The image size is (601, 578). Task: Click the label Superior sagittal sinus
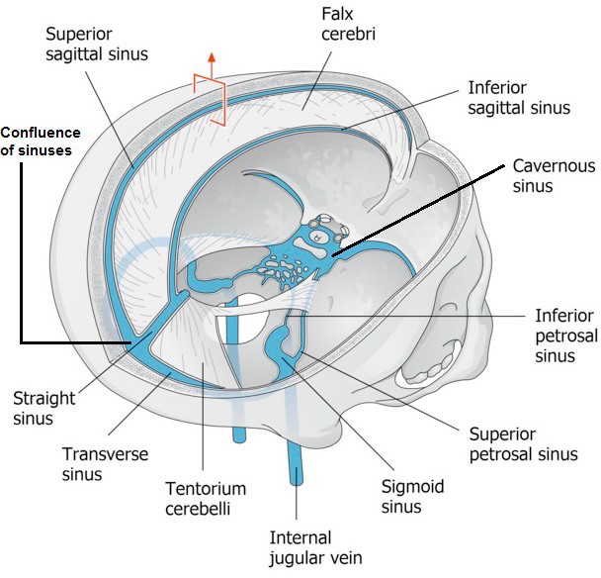pos(95,43)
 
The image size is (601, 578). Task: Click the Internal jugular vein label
pos(316,548)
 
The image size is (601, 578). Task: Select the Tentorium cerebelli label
pos(207,500)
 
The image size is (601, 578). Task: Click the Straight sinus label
pos(43,410)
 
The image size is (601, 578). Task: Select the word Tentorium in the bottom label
pos(207,489)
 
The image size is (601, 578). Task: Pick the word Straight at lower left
pos(43,399)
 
